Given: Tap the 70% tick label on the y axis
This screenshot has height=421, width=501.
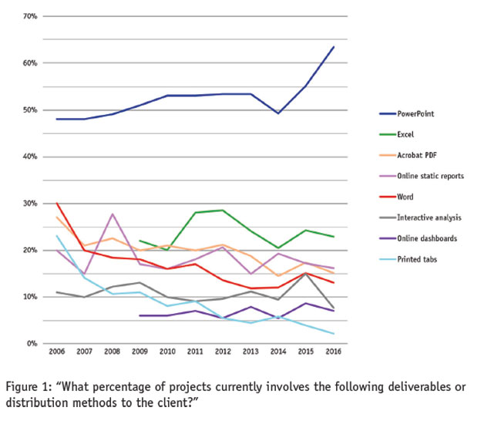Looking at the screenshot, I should coord(31,16).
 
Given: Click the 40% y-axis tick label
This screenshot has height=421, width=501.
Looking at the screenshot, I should coord(31,157).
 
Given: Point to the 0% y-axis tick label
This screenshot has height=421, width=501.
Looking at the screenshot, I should coord(33,344).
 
